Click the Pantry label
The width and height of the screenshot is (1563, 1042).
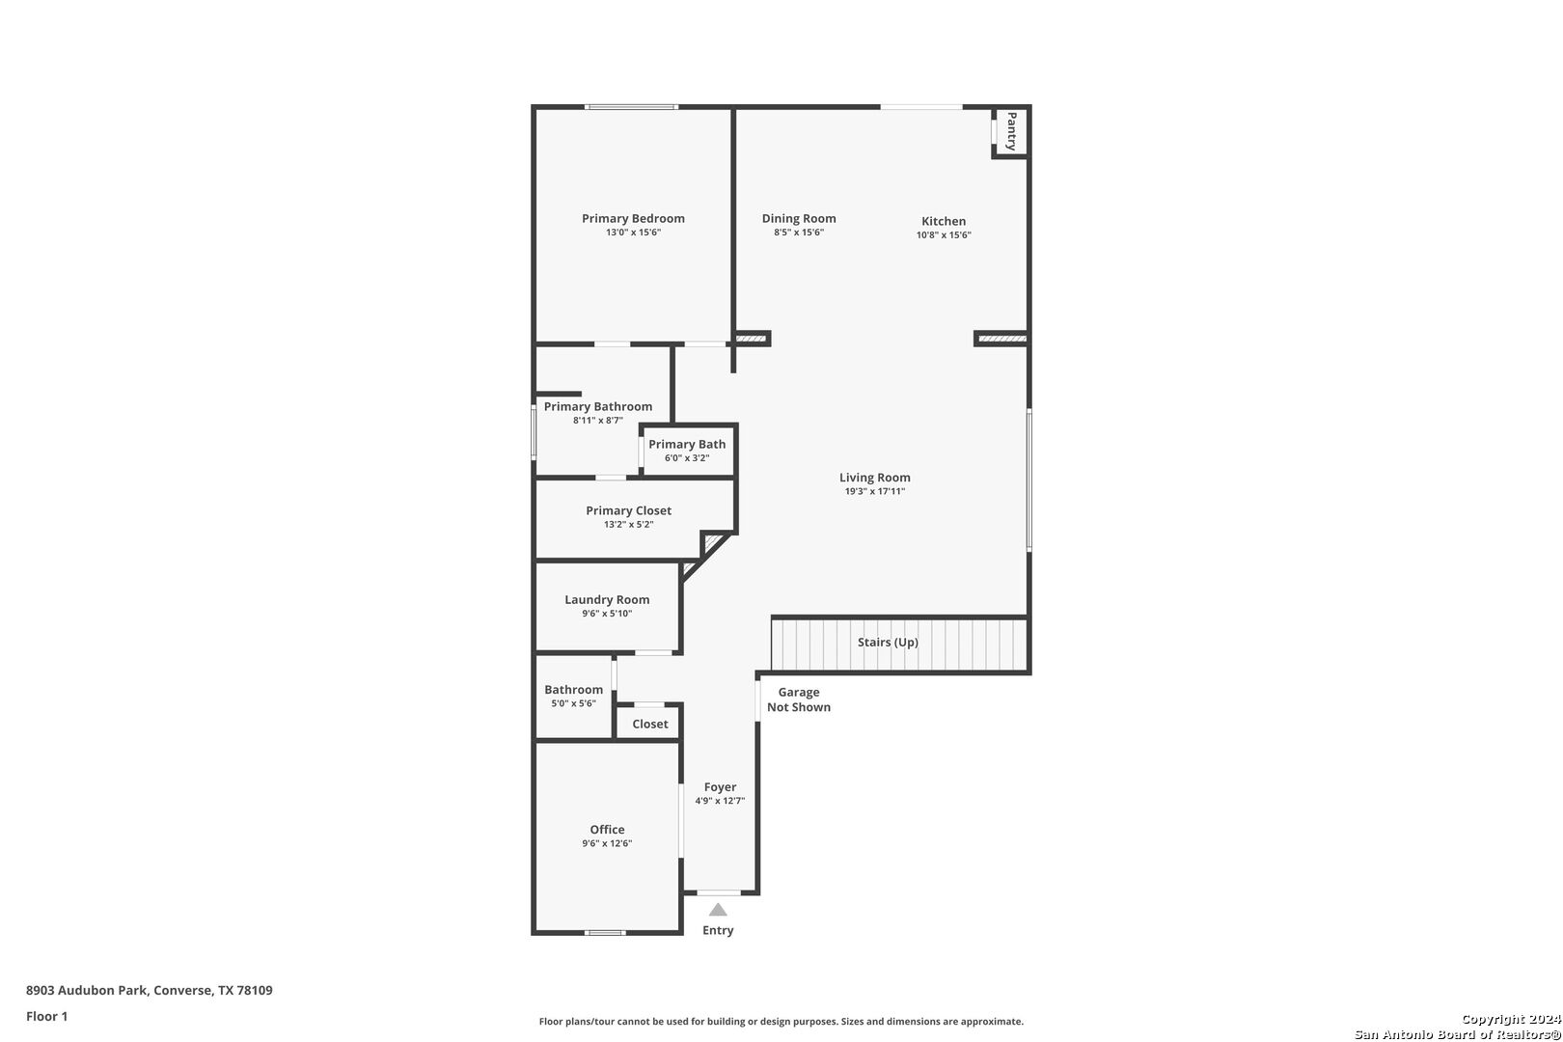click(1011, 131)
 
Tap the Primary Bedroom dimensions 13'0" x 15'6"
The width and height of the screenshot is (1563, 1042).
click(633, 233)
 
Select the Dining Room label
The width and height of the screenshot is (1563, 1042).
click(799, 218)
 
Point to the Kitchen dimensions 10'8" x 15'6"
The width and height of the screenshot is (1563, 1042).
click(944, 235)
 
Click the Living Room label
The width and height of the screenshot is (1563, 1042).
click(875, 478)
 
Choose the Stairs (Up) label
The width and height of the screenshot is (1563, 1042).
click(888, 643)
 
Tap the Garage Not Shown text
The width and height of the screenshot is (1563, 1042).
click(799, 699)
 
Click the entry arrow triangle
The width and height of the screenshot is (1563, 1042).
click(718, 910)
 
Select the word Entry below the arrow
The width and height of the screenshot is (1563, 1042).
click(718, 930)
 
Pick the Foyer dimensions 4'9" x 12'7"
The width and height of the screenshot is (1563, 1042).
click(720, 801)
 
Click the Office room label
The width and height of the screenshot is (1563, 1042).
click(607, 829)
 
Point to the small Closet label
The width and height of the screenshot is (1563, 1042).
click(650, 724)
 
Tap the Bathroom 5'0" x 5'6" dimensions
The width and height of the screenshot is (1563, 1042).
click(573, 703)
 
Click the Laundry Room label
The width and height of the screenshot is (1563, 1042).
click(607, 599)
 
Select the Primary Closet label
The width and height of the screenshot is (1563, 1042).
click(629, 511)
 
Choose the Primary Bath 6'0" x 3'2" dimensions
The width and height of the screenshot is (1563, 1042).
click(687, 458)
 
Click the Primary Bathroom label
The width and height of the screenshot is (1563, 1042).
click(598, 406)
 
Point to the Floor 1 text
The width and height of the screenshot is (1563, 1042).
click(46, 1016)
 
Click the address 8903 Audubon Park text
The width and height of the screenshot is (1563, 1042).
click(87, 990)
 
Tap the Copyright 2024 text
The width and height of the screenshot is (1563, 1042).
click(1511, 1020)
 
